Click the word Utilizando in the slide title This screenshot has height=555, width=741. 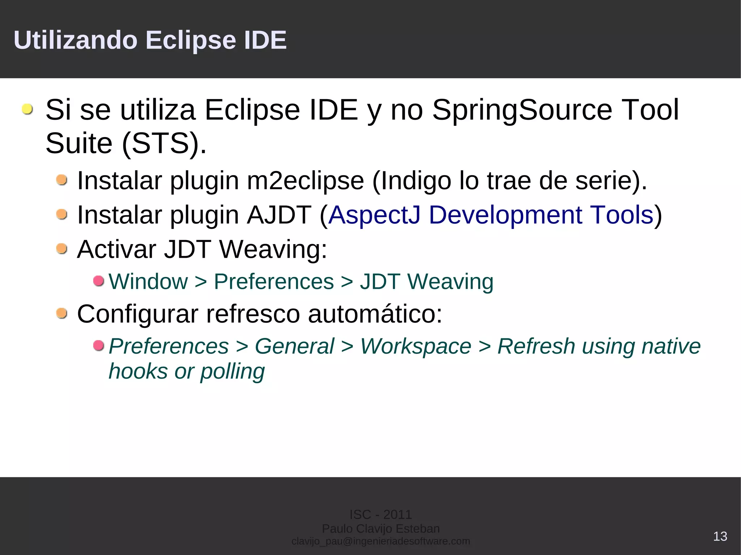75,40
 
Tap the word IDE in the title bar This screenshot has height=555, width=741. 265,40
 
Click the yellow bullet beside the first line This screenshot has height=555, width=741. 27,109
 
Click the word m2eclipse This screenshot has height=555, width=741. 305,181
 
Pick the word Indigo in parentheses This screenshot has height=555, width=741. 412,181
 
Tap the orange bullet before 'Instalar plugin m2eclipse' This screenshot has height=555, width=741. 62,180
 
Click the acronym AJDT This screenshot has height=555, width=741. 279,215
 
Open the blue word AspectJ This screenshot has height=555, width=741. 374,215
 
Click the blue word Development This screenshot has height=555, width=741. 505,215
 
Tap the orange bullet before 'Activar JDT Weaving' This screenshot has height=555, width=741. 62,249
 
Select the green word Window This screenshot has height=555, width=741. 148,282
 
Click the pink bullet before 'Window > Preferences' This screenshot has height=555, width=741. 98,281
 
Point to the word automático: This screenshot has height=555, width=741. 375,313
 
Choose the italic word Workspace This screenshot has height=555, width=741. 416,346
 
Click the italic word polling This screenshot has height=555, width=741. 232,372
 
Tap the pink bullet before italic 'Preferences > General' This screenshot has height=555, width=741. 98,346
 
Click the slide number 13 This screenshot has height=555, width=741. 720,536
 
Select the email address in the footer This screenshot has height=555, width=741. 381,541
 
